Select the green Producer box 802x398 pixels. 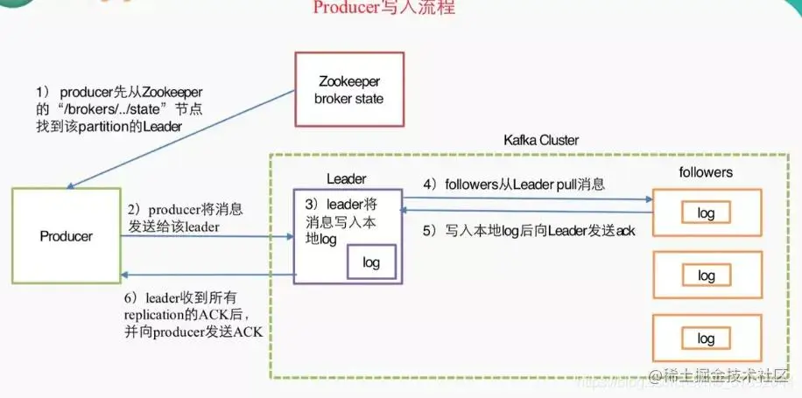click(66, 236)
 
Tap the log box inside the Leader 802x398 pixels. click(371, 262)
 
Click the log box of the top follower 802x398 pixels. click(706, 213)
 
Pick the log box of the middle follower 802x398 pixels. click(706, 276)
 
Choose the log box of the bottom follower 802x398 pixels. click(706, 339)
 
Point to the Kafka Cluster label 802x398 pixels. click(541, 140)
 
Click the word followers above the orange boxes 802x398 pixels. click(706, 172)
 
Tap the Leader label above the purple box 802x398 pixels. click(346, 178)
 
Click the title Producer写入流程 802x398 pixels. click(383, 9)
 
